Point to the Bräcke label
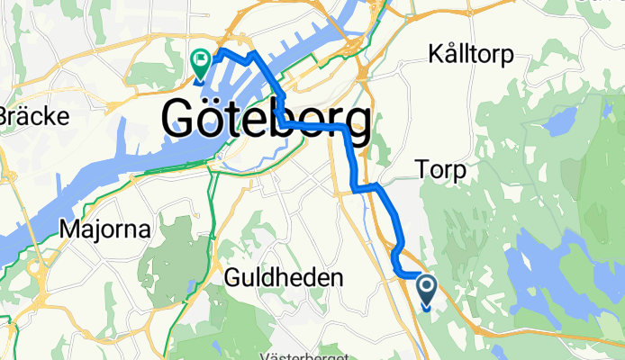tap(22, 116)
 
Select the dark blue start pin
tap(427, 291)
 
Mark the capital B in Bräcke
tap(5, 116)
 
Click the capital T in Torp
tap(421, 167)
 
